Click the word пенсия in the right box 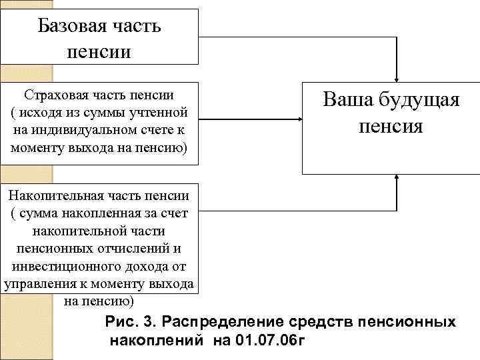click(x=390, y=126)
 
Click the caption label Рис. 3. click(x=129, y=322)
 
